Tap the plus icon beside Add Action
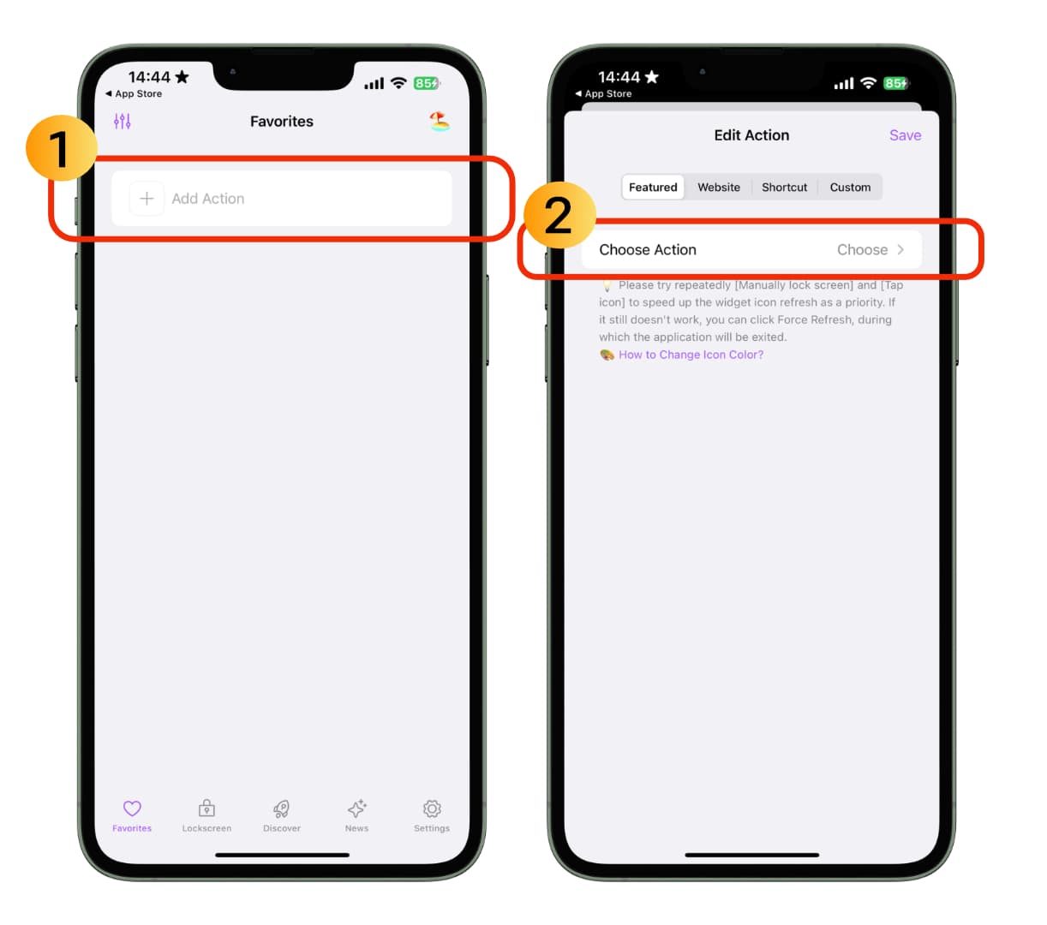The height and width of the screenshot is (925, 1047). coord(147,199)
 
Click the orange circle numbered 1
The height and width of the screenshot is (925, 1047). coord(62,148)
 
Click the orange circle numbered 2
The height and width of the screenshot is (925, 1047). coord(559,215)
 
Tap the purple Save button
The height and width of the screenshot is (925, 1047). coord(905,135)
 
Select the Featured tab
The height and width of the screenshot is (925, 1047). coord(653,187)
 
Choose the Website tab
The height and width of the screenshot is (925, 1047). coord(718,187)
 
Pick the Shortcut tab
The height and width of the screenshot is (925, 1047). coord(784,187)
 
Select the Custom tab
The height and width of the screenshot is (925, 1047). coord(850,187)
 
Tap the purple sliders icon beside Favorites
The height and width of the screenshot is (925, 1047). coord(123,122)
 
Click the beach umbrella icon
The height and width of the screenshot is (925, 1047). coord(440,122)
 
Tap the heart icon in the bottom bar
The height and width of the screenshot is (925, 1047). coord(132,809)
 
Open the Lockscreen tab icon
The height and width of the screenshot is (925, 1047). coord(206,809)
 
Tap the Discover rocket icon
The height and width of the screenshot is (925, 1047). coord(282,809)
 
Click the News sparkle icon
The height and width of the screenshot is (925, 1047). coord(356,809)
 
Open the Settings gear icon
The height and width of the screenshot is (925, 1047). coord(432,809)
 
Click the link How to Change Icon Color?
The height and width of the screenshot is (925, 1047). coord(691,355)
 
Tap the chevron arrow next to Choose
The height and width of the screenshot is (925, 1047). coord(900,249)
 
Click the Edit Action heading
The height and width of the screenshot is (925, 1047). coord(751,135)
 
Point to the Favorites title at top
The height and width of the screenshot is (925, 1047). coord(282,122)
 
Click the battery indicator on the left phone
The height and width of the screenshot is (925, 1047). coord(427,83)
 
